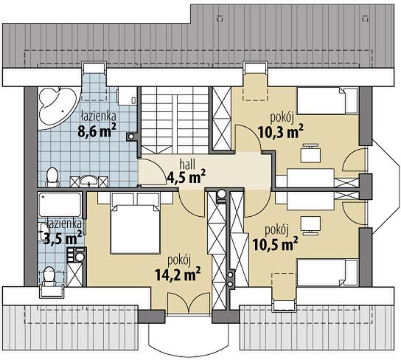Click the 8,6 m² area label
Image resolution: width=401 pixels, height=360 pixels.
coord(97,130)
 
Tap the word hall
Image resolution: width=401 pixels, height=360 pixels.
coord(187,165)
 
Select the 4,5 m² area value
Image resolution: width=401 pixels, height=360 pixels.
coord(186,177)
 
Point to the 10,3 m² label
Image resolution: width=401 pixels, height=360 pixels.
coord(281,131)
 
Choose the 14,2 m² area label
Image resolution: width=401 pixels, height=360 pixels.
coord(178,274)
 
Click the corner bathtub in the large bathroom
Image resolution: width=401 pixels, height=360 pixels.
coord(57,108)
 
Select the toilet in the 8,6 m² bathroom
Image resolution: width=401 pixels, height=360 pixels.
coord(52,177)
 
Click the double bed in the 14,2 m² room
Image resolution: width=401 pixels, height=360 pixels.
coord(136,228)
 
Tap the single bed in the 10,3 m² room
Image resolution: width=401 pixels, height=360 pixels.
coord(327,101)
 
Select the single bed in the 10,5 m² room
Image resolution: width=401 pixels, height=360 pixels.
coord(327,272)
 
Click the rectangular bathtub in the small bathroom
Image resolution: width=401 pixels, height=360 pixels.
coord(60,204)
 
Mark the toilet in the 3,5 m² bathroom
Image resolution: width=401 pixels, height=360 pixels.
coord(49,277)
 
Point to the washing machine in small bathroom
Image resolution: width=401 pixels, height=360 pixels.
coord(77,255)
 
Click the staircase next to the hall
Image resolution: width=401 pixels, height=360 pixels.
coord(175,120)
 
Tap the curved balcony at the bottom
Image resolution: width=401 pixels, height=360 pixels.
coord(189,336)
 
